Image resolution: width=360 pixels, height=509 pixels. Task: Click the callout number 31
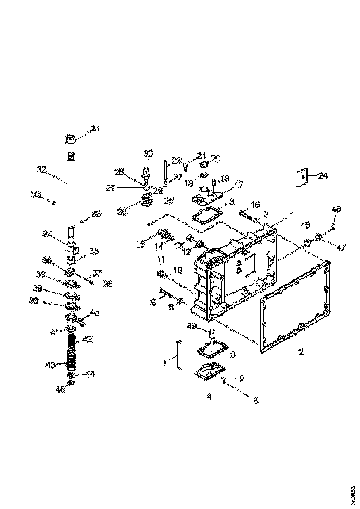point(95,128)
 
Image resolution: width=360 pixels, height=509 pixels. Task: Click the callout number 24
point(322,175)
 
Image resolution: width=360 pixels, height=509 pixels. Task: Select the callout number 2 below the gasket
point(301,352)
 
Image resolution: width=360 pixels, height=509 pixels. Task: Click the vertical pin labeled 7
point(179,355)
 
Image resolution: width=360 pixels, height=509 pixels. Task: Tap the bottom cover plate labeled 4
point(210,372)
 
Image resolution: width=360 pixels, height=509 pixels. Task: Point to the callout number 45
point(60,390)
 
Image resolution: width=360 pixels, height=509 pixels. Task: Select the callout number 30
point(147,153)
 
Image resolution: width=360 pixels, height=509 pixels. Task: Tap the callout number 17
point(239,185)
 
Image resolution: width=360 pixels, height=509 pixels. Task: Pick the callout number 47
point(341,248)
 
